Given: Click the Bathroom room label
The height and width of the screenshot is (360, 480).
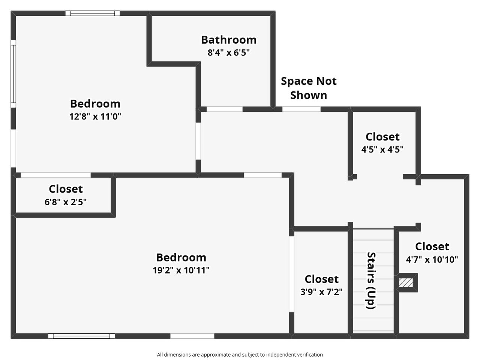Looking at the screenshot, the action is [229, 40].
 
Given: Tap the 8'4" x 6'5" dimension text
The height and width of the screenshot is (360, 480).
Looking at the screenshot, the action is [228, 53].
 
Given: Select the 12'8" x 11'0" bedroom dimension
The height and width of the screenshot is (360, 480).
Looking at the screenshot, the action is [95, 117].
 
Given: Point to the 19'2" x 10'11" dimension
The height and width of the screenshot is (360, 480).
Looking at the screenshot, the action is [181, 270].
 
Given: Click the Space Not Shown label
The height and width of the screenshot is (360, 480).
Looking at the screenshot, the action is [309, 88].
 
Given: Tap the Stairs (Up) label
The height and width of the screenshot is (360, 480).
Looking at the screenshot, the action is [371, 281].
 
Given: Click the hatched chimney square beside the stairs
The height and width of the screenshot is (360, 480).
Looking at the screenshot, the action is [406, 283].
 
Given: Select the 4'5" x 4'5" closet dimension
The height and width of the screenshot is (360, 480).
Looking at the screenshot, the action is [382, 149].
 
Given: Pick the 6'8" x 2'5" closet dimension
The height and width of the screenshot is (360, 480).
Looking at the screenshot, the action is [65, 202].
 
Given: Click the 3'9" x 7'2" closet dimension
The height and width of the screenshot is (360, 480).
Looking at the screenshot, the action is [321, 291].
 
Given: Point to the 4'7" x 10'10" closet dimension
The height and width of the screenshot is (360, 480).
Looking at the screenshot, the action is [432, 260].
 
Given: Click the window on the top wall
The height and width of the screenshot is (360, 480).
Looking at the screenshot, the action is [93, 13].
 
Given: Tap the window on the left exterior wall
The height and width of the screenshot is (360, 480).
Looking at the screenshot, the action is [13, 74].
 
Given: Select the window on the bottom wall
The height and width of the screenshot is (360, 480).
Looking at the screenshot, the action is [81, 336].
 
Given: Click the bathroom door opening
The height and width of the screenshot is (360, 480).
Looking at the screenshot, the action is [225, 109].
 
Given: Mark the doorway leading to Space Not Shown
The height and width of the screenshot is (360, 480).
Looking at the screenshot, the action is [301, 109].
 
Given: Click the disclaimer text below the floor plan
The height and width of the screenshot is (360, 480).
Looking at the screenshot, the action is [240, 354].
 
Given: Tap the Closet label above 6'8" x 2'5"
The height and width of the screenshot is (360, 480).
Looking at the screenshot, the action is [66, 189].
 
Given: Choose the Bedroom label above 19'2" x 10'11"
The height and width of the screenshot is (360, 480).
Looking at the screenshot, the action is [181, 258].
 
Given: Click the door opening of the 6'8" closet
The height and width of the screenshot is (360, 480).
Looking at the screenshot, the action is [55, 175].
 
